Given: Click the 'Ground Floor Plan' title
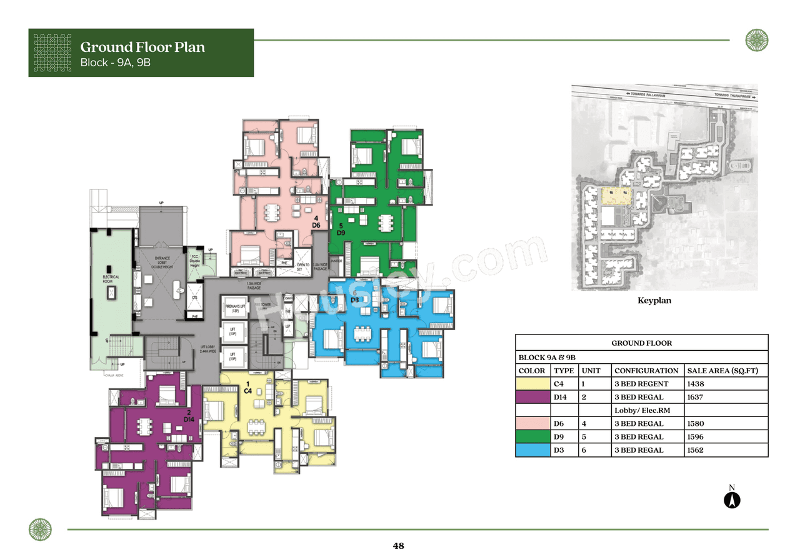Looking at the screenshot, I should click(x=142, y=47).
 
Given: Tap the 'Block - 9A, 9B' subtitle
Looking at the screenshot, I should click(x=116, y=63).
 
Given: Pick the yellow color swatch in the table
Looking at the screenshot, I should click(x=532, y=384).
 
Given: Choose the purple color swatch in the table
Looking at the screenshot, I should click(x=532, y=397).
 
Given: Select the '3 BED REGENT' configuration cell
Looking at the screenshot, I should click(x=641, y=384).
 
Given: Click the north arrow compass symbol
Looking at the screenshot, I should click(x=732, y=500).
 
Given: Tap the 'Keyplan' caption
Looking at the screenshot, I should click(x=654, y=301).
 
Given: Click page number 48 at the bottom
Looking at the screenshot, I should click(x=399, y=546).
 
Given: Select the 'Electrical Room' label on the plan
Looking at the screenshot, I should click(x=111, y=279).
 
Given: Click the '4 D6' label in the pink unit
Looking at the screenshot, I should click(x=316, y=221).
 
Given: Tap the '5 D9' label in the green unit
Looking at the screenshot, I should click(x=341, y=229).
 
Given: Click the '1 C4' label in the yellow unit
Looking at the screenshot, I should click(x=248, y=387).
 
